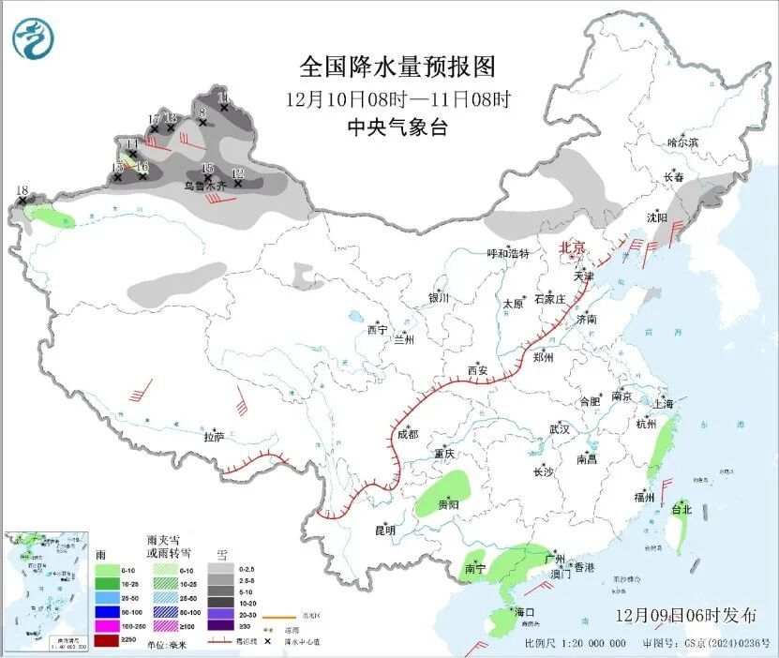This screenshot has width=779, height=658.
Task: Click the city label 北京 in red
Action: point(572,248)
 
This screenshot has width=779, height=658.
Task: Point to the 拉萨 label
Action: point(215,437)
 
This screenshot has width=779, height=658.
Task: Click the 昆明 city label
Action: point(385,531)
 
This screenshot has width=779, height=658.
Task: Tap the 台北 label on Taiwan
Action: point(681,511)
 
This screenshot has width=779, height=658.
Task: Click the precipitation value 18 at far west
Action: point(22,190)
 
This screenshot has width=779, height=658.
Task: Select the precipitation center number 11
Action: point(222,97)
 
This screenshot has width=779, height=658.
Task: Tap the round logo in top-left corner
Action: point(34,38)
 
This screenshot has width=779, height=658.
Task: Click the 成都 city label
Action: point(407,434)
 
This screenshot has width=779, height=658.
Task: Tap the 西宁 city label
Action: point(377,330)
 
